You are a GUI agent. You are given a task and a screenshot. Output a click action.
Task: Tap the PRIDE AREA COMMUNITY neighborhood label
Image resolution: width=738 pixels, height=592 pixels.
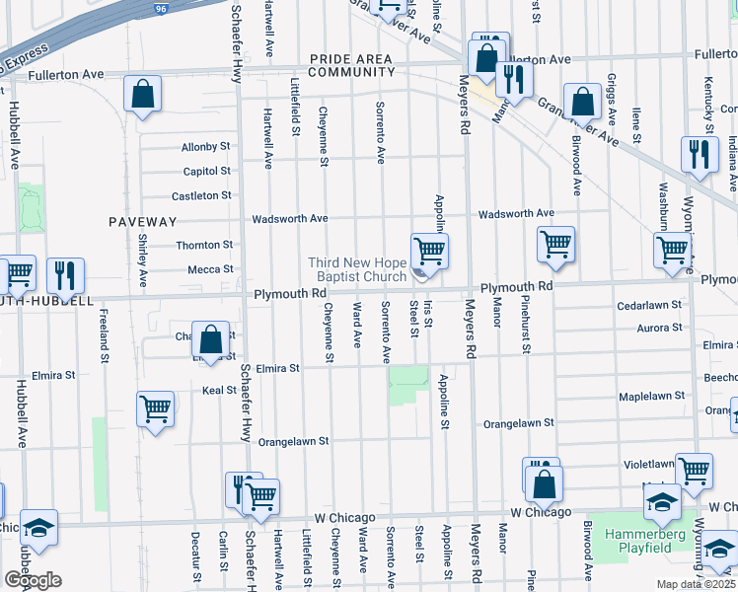click(351, 65)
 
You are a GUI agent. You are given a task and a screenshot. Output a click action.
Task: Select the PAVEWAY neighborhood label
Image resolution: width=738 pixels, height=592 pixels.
click(143, 222)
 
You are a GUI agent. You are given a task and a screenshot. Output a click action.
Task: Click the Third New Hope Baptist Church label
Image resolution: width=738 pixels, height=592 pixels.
click(356, 269)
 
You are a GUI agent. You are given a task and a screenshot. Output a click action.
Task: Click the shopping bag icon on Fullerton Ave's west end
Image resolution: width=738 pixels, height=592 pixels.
click(143, 95)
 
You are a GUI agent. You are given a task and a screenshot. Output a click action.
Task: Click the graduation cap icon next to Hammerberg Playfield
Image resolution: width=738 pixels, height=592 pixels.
click(662, 503)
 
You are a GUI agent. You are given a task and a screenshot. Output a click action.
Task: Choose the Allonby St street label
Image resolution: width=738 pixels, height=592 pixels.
click(205, 147)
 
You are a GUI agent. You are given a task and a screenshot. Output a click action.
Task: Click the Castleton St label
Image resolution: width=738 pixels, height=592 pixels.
click(201, 196)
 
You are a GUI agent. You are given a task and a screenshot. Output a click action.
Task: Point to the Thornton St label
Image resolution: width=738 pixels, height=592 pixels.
click(203, 245)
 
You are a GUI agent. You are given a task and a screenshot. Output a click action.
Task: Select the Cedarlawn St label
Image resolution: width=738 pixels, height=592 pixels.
click(649, 306)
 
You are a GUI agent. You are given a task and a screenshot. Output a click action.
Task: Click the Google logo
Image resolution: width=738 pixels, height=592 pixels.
click(33, 580)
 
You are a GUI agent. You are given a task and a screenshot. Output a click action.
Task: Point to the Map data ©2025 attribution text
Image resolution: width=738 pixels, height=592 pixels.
click(697, 584)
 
